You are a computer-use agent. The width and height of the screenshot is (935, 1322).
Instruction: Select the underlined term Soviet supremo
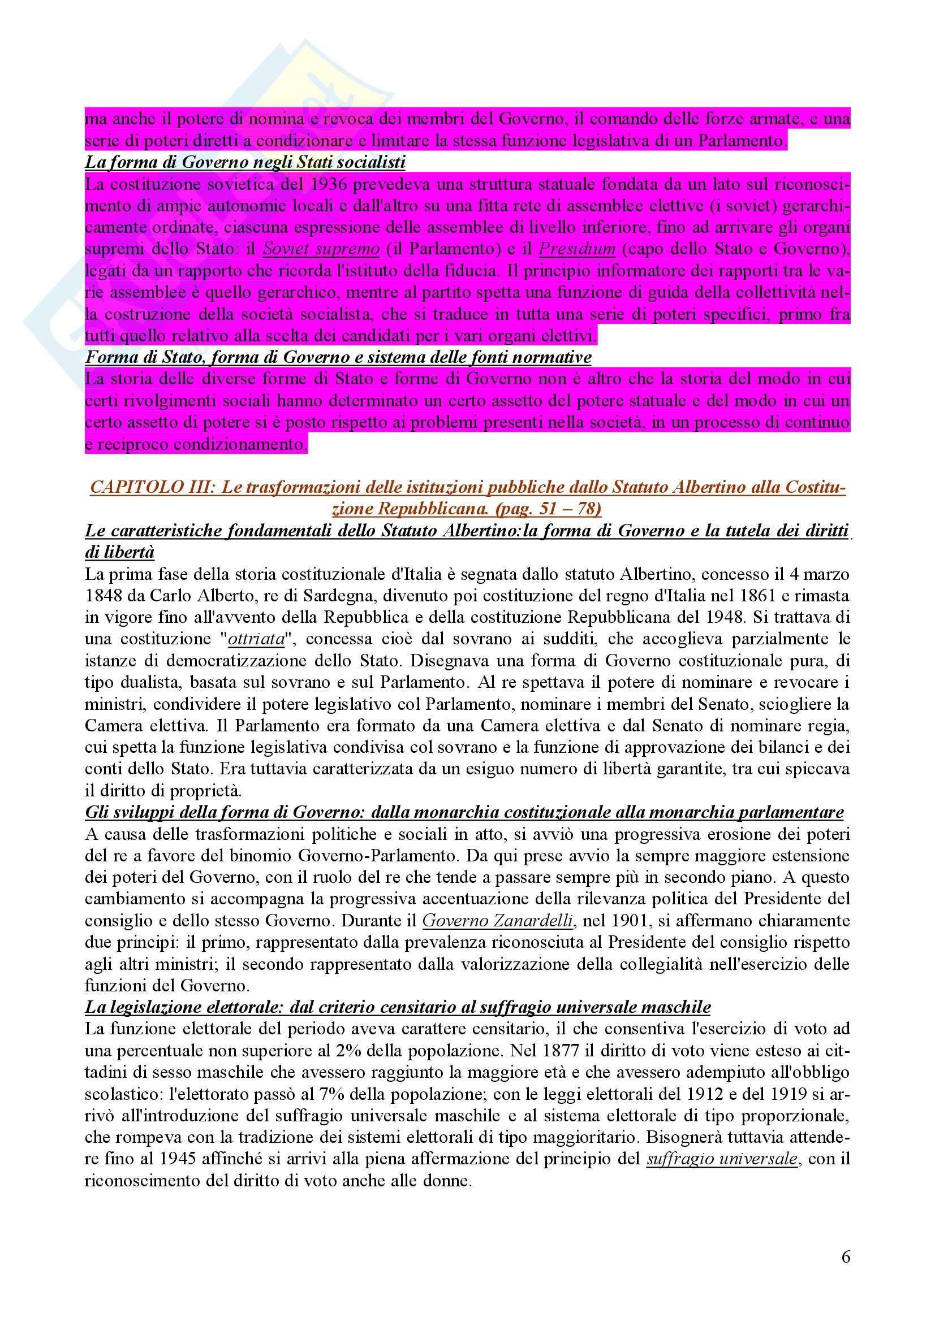[321, 249]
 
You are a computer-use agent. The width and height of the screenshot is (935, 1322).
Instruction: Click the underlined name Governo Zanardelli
[498, 921]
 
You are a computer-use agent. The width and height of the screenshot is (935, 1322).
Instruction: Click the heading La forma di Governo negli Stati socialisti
[245, 163]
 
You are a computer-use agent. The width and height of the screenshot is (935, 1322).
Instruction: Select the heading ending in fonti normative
[338, 358]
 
